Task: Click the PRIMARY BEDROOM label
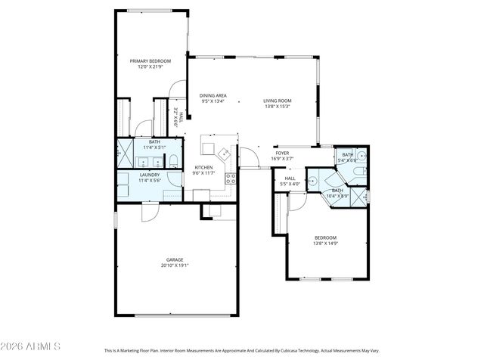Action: pos(150,60)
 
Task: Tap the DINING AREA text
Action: pos(213,95)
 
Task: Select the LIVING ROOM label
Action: pos(278,101)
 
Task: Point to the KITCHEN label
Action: pos(204,167)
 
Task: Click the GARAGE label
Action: pos(175,259)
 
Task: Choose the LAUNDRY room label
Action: pos(149,175)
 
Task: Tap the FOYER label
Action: pos(281,153)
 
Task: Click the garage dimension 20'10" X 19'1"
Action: pos(175,265)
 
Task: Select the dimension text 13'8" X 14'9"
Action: pos(325,244)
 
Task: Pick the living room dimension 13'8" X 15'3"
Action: pos(278,107)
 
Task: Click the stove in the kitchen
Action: pos(231,178)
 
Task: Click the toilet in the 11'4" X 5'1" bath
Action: pos(173,160)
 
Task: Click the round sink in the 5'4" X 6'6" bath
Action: pos(361,157)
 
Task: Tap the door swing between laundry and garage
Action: pos(149,213)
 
